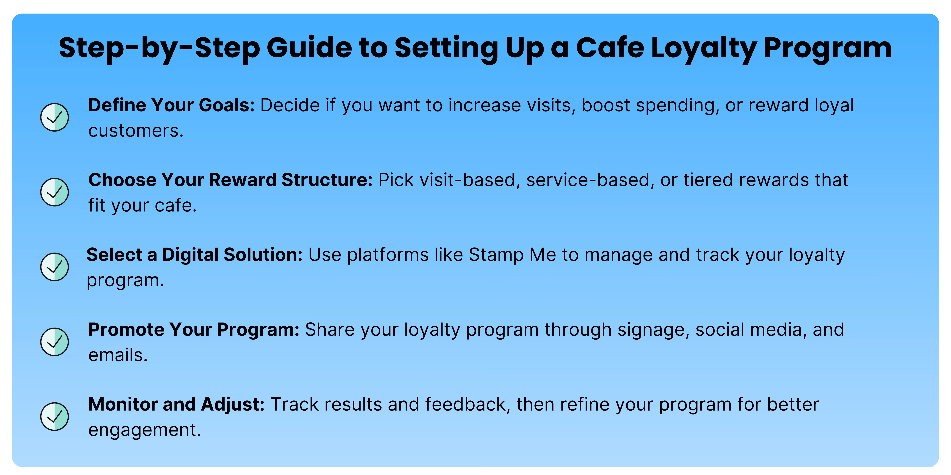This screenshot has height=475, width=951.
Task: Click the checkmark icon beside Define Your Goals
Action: pyautogui.click(x=55, y=117)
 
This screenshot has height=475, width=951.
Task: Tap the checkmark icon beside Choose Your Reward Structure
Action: pyautogui.click(x=55, y=192)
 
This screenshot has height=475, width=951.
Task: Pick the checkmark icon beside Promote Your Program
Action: pyautogui.click(x=55, y=342)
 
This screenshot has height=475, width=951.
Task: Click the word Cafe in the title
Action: pyautogui.click(x=610, y=48)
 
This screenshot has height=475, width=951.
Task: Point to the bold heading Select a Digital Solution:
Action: pyautogui.click(x=195, y=255)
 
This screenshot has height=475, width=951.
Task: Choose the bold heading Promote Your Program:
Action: pyautogui.click(x=193, y=330)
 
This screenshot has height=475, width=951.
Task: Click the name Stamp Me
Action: pyautogui.click(x=512, y=255)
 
